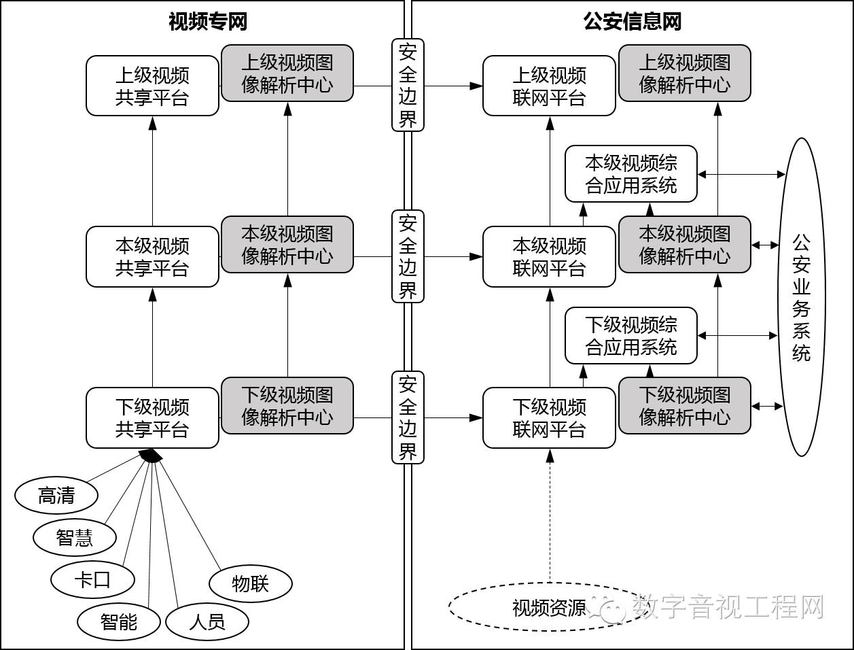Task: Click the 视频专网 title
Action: (207, 22)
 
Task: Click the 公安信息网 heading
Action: (632, 22)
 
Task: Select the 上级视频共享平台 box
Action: (152, 86)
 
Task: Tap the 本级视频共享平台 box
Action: (152, 257)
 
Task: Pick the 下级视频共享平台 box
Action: (152, 418)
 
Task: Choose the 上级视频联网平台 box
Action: (549, 86)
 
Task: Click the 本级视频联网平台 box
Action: (549, 257)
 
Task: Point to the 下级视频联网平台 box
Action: (549, 418)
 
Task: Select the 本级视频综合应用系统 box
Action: (631, 174)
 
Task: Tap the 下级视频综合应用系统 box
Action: (631, 335)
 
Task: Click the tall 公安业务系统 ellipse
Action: (802, 297)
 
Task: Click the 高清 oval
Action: (56, 496)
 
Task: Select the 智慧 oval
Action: (75, 537)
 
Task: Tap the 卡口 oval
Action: (92, 579)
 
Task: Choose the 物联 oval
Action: (251, 583)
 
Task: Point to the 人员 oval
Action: (207, 621)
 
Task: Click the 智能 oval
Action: (119, 621)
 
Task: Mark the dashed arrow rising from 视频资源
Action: (550, 517)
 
